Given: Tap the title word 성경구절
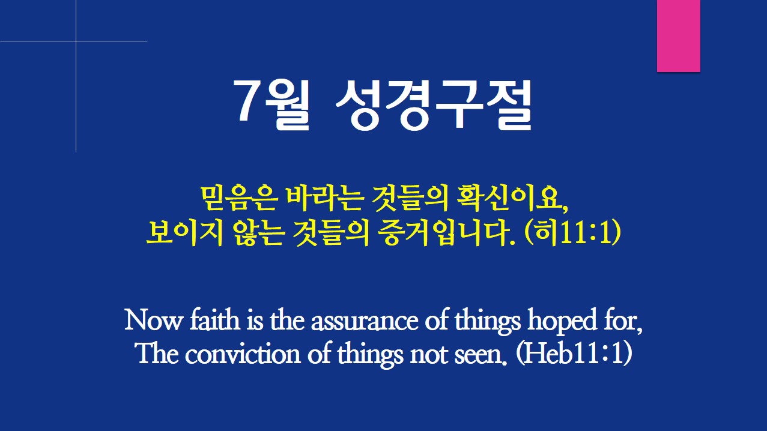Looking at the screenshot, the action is point(434,104).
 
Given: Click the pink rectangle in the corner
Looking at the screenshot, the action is point(678,36).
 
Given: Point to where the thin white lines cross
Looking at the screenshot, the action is point(76,41).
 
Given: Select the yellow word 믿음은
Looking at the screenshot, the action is point(238,199).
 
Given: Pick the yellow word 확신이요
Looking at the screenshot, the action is point(512,199).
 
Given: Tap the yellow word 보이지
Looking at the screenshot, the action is point(185,234).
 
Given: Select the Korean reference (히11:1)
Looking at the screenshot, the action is point(572,233).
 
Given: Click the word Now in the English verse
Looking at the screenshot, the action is point(153,320).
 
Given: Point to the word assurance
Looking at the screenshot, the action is point(365,322).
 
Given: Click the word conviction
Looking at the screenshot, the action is point(243,354).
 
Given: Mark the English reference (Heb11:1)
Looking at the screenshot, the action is point(574,354).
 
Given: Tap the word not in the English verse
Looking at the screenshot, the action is point(429,355).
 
